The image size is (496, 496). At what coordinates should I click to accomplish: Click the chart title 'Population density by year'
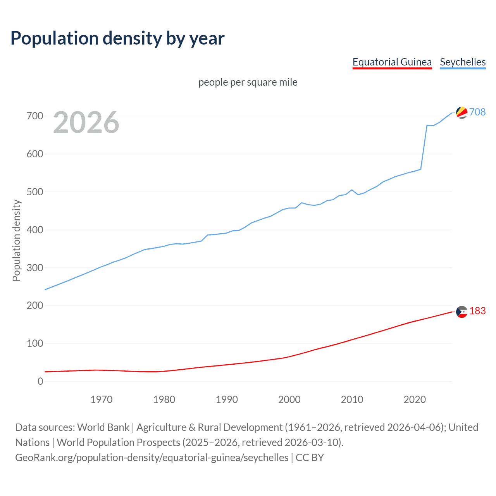click(x=117, y=38)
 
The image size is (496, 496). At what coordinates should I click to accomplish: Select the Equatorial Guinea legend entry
click(x=392, y=62)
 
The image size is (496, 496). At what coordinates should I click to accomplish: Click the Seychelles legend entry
click(x=463, y=62)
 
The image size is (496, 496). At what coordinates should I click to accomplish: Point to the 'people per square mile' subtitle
click(x=248, y=82)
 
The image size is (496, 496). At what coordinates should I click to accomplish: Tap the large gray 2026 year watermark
click(x=86, y=122)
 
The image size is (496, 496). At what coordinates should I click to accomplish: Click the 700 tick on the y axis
click(x=35, y=116)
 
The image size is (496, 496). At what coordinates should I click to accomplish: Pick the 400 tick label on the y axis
click(x=35, y=230)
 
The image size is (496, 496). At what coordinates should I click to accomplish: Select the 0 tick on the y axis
click(x=40, y=381)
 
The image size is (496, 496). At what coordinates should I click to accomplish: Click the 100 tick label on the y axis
click(x=35, y=343)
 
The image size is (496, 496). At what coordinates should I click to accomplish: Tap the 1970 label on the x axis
click(x=102, y=400)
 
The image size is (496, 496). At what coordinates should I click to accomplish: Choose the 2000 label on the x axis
click(x=289, y=400)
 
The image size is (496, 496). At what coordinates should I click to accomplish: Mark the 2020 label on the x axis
click(x=415, y=400)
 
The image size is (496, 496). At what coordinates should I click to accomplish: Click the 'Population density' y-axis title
click(x=16, y=240)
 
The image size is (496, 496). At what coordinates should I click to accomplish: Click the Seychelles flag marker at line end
click(x=462, y=112)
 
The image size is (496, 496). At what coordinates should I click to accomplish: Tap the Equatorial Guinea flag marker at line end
click(x=462, y=312)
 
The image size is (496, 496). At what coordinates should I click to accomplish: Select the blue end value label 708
click(x=477, y=112)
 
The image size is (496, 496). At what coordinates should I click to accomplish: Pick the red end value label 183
click(x=477, y=311)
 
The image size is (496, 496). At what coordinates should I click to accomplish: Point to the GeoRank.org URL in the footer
click(x=152, y=458)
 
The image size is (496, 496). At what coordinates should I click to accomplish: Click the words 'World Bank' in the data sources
click(x=103, y=427)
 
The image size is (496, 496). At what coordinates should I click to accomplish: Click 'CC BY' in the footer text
click(x=310, y=458)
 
